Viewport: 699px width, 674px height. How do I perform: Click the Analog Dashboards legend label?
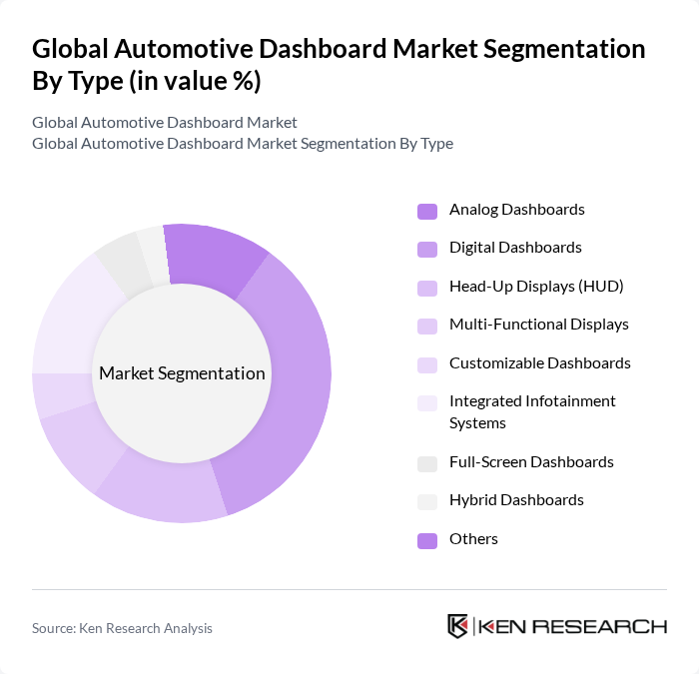pyautogui.click(x=516, y=210)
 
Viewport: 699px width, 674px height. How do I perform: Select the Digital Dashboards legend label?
pyautogui.click(x=515, y=248)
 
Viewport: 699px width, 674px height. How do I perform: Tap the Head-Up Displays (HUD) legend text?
pyautogui.click(x=535, y=287)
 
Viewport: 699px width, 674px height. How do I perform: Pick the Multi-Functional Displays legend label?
pyautogui.click(x=538, y=325)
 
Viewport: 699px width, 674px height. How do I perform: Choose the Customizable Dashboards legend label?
pyautogui.click(x=539, y=363)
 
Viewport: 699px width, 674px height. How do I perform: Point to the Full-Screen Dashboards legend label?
pyautogui.click(x=531, y=462)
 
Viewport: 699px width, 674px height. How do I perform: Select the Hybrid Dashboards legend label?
pyautogui.click(x=516, y=500)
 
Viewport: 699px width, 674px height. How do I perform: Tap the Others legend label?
pyautogui.click(x=473, y=539)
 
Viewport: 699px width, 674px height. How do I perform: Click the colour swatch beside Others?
pyautogui.click(x=426, y=540)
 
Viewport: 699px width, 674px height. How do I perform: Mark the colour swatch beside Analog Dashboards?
pyautogui.click(x=426, y=211)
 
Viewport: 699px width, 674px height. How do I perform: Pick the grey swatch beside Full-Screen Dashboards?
pyautogui.click(x=426, y=463)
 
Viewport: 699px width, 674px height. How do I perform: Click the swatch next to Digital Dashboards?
pyautogui.click(x=426, y=249)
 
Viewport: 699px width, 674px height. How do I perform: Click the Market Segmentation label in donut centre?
pyautogui.click(x=182, y=374)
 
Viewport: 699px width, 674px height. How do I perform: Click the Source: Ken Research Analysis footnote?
pyautogui.click(x=122, y=628)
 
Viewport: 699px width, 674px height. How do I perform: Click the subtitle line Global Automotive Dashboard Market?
pyautogui.click(x=165, y=123)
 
